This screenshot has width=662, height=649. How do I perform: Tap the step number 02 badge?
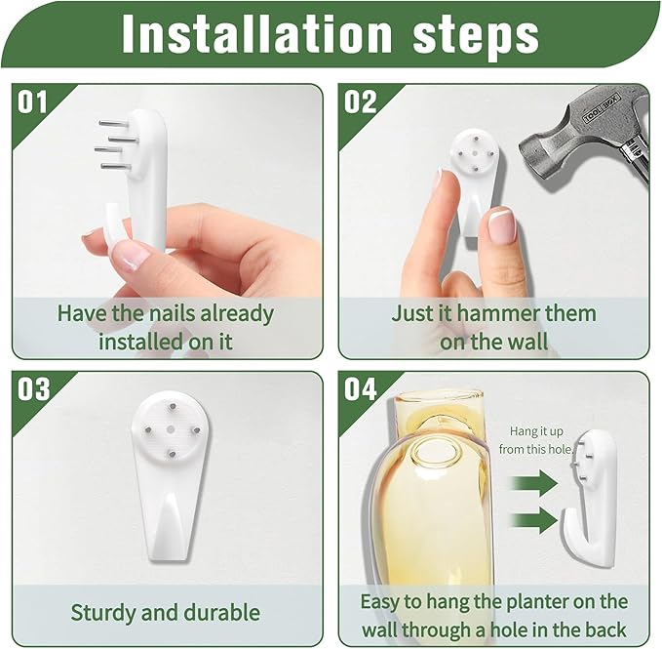[x=360, y=101]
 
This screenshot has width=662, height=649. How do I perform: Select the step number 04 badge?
[x=360, y=389]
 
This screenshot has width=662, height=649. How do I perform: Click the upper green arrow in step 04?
[x=533, y=482]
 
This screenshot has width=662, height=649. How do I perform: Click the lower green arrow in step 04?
[x=533, y=519]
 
